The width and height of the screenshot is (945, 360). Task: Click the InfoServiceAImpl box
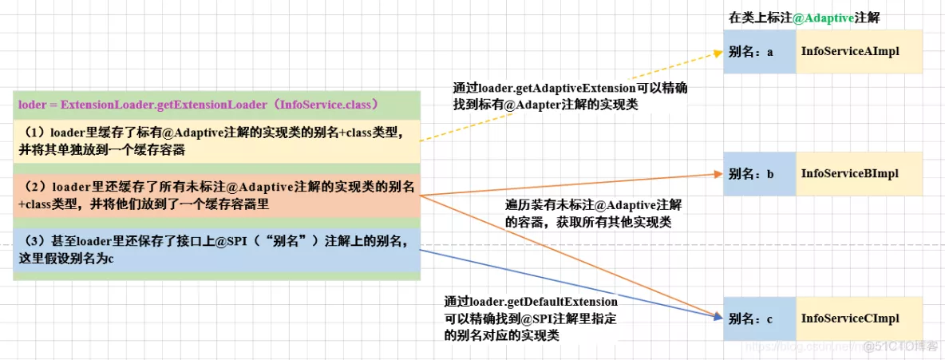point(859,52)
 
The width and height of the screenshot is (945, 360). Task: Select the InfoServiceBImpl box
point(859,173)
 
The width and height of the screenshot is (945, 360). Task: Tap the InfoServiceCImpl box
point(859,318)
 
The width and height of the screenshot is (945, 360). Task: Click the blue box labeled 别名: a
point(759,52)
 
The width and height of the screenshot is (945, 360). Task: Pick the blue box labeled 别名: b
point(759,173)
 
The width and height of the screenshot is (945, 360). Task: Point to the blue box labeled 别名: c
point(759,318)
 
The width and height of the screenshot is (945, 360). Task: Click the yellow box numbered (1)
point(215,140)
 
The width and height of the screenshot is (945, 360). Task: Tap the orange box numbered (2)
point(215,194)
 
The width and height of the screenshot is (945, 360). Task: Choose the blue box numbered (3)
point(215,249)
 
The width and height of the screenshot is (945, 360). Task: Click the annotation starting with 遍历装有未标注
point(594,213)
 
